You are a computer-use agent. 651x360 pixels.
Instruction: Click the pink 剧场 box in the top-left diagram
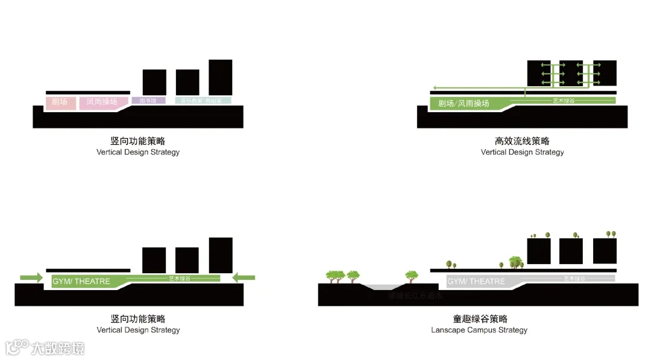click(x=60, y=103)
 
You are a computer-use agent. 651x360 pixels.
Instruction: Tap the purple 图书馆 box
click(x=148, y=101)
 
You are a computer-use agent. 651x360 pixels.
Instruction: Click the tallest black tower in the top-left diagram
click(x=220, y=77)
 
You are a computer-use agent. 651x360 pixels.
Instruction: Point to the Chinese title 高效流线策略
click(x=522, y=141)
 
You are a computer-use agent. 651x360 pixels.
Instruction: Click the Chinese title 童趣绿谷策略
click(x=480, y=319)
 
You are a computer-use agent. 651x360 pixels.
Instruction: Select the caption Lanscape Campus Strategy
click(x=479, y=330)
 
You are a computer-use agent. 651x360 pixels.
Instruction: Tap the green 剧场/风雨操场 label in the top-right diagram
click(x=464, y=104)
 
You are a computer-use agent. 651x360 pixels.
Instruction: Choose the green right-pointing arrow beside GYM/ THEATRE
click(x=31, y=277)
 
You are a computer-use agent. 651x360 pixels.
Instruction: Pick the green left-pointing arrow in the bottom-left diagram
click(x=244, y=277)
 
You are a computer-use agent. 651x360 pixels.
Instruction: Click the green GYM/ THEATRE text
click(x=81, y=282)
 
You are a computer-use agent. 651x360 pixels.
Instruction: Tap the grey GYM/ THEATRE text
click(x=476, y=282)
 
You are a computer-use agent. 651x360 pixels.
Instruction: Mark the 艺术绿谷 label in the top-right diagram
click(x=564, y=101)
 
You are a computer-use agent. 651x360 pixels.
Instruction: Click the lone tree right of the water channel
click(x=412, y=276)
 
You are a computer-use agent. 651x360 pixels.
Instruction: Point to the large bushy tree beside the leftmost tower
click(x=515, y=261)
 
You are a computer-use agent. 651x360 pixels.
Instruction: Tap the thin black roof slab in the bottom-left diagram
click(x=88, y=270)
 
